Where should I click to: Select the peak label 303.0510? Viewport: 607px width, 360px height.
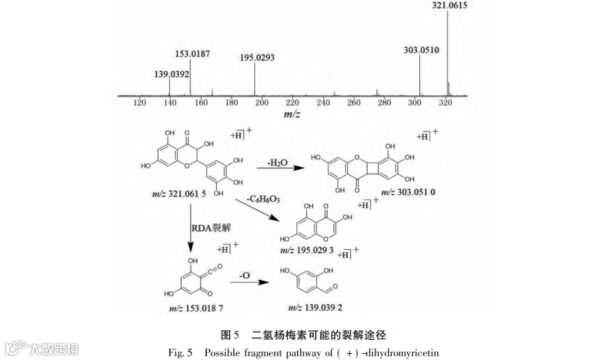pos(421,50)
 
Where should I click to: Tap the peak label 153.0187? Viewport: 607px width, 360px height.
pos(193,54)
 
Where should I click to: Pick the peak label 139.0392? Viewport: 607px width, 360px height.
pos(172,74)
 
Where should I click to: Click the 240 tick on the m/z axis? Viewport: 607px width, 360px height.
pos(323,103)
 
